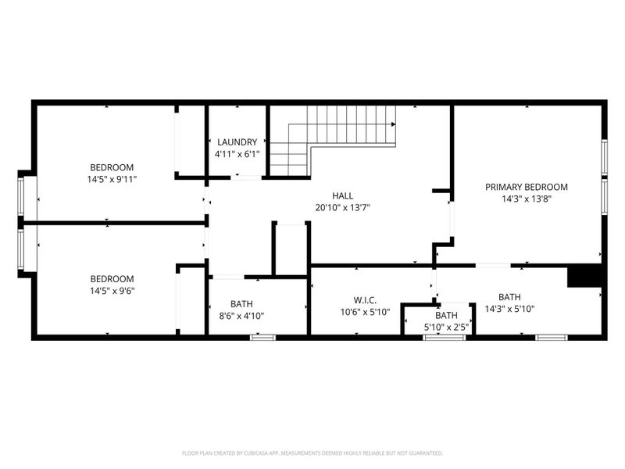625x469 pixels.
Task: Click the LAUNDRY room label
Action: click(237, 141)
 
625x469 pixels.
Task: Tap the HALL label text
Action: click(341, 195)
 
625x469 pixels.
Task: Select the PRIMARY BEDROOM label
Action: click(526, 187)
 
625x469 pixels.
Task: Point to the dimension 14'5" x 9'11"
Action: click(112, 179)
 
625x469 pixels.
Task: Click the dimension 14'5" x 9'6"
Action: click(112, 291)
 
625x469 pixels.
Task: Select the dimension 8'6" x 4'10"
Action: click(247, 316)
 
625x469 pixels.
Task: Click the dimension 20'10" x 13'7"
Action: click(341, 207)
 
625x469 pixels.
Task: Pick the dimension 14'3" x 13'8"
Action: click(526, 199)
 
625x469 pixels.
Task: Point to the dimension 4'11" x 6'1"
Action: click(237, 154)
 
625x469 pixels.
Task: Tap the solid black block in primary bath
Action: click(583, 277)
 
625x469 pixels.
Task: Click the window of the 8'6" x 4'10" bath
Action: click(262, 337)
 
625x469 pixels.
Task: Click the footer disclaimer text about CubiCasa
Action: click(312, 453)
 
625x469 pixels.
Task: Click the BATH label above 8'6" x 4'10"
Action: click(241, 304)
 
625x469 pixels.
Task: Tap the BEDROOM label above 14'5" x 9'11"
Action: click(112, 167)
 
